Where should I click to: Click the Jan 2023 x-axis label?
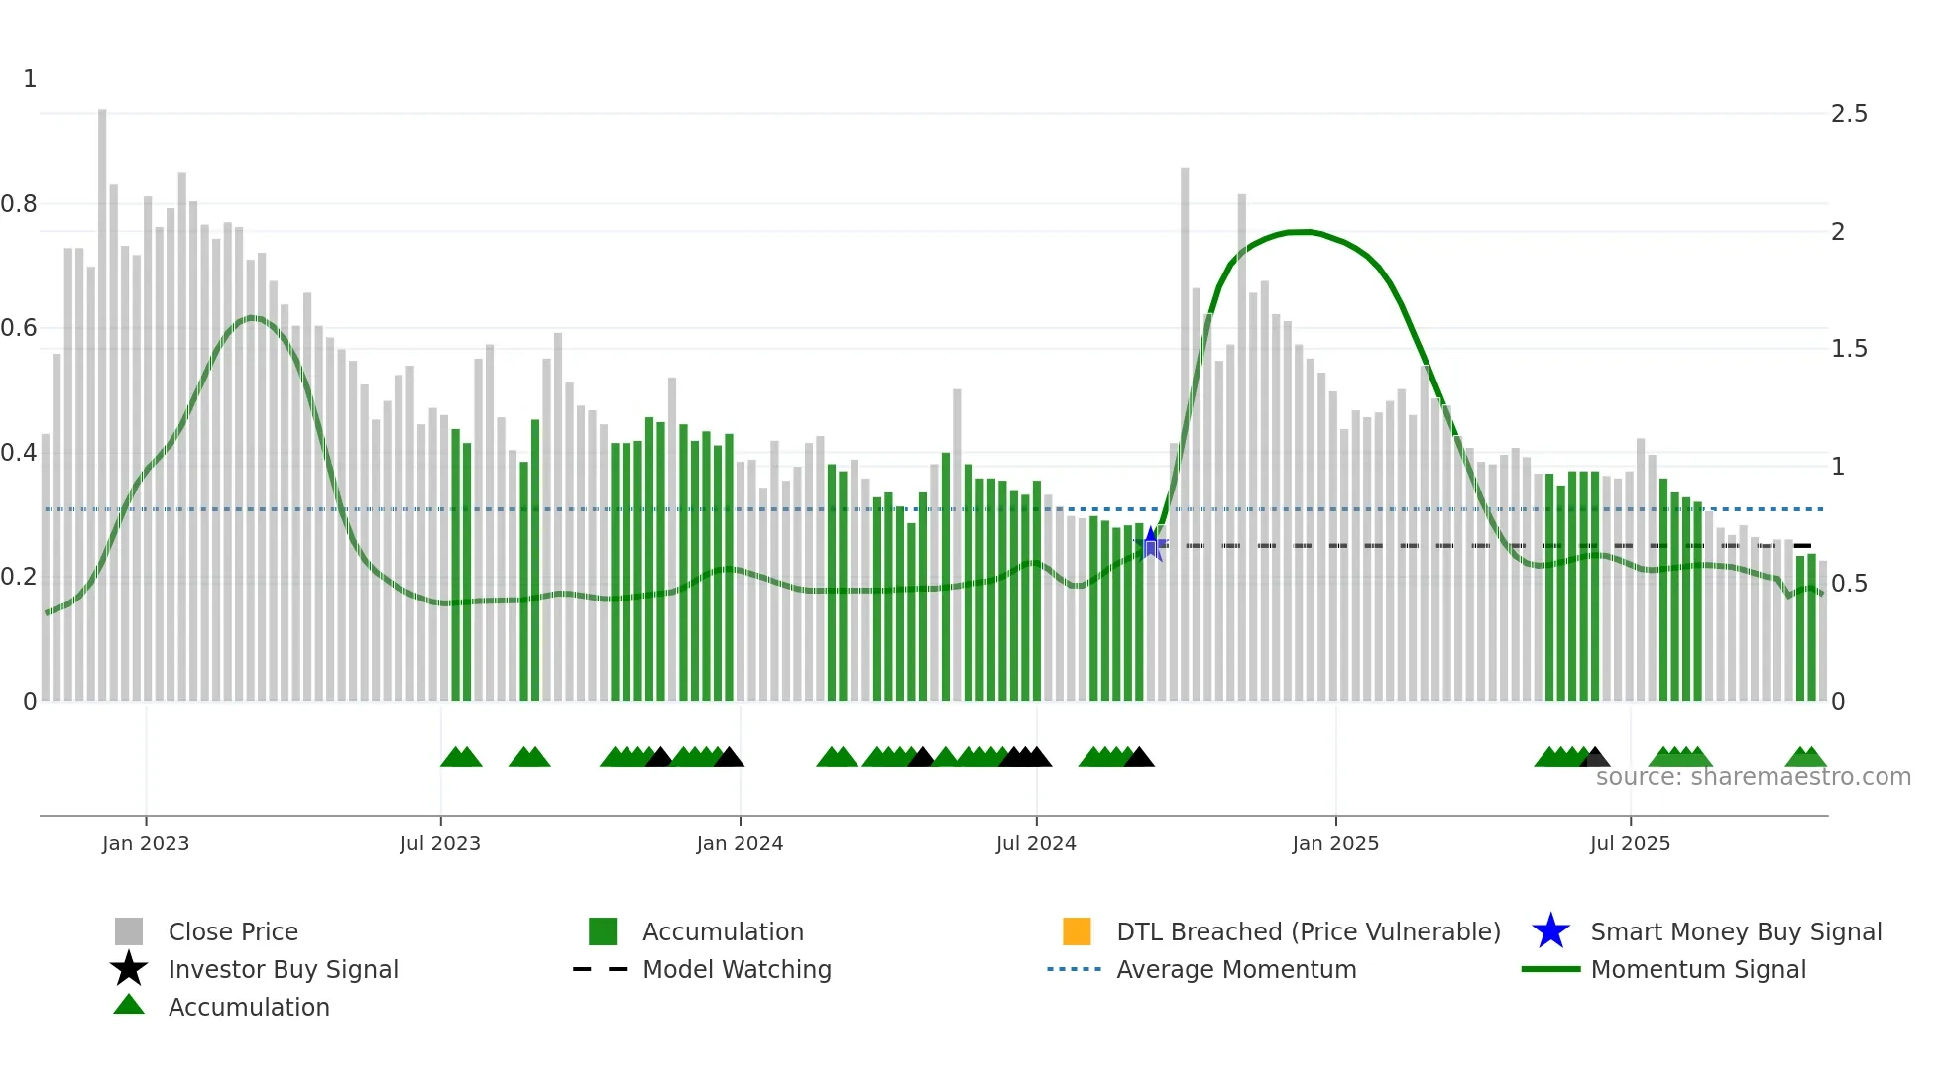click(145, 843)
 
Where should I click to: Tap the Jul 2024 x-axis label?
click(1036, 843)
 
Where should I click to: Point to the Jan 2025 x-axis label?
click(1335, 843)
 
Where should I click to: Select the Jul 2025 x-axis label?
click(1630, 843)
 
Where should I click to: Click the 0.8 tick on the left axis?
click(19, 204)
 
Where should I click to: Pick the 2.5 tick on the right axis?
click(1849, 114)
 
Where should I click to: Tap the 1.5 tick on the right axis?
click(1849, 349)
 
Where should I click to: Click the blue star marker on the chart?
click(1151, 543)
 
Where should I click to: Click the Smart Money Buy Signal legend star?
click(1550, 931)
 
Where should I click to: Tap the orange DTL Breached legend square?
click(1077, 931)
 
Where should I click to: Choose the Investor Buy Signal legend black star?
click(129, 969)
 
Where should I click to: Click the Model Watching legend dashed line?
click(600, 969)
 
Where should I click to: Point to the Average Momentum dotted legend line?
click(1074, 969)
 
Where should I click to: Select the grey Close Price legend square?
click(129, 931)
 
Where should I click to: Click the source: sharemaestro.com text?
click(1753, 777)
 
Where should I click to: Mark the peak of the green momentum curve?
click(1304, 232)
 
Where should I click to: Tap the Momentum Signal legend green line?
click(1550, 969)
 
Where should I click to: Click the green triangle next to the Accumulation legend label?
click(129, 1006)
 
